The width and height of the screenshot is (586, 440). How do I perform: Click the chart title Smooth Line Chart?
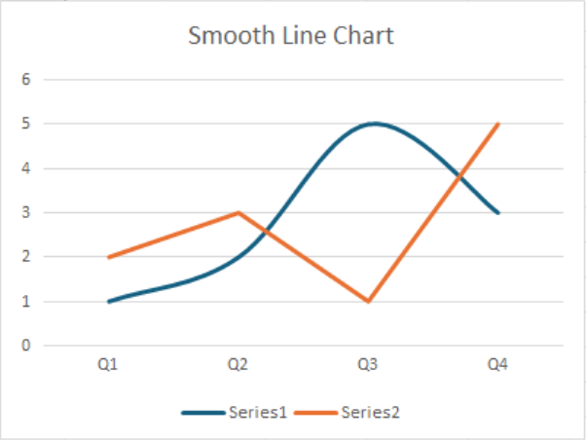(291, 36)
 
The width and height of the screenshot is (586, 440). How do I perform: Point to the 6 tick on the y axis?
(26, 80)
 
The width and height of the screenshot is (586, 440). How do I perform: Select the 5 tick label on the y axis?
(26, 124)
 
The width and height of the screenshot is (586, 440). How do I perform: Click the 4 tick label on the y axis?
(26, 168)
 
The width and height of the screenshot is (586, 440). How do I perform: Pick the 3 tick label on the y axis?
(26, 212)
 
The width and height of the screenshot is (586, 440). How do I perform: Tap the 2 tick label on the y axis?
(26, 257)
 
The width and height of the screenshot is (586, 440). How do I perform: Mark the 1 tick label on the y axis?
(26, 301)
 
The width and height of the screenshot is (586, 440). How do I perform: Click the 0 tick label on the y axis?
(26, 346)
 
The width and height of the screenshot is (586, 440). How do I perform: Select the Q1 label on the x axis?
(108, 365)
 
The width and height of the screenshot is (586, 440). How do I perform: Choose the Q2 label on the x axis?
(238, 365)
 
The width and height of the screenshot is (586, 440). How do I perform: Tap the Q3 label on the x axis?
(368, 365)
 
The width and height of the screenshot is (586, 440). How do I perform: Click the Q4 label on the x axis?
(497, 365)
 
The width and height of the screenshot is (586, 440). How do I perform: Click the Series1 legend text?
(258, 412)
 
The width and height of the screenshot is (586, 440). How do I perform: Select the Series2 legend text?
(371, 412)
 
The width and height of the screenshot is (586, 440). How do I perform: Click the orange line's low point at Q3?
(368, 301)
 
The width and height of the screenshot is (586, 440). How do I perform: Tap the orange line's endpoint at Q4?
(497, 124)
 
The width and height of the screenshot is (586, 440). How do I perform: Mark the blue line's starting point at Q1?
(108, 301)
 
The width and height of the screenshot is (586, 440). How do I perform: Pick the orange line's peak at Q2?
(238, 212)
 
